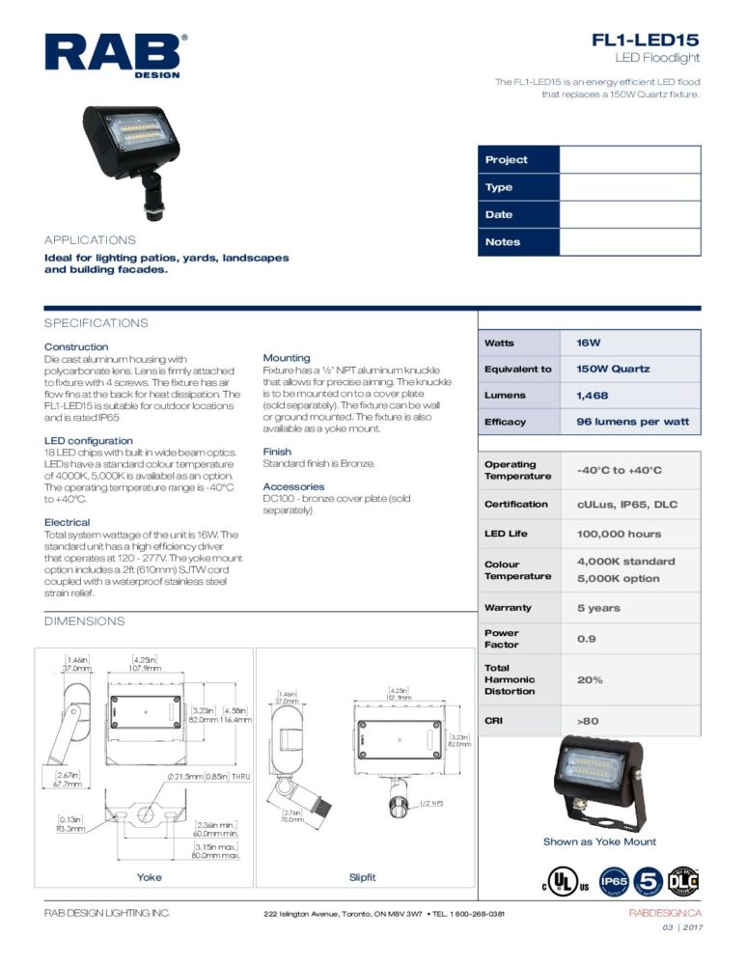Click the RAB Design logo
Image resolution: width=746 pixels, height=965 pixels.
click(x=113, y=55)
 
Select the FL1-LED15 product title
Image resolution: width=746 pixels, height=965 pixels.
click(x=646, y=41)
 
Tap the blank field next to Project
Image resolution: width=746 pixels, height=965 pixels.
click(x=629, y=160)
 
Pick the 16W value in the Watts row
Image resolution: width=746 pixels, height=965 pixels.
click(x=589, y=344)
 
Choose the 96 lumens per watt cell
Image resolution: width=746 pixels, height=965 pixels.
click(x=632, y=422)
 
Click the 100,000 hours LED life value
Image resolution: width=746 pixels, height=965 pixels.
click(x=619, y=534)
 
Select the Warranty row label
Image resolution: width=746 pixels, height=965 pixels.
click(x=508, y=608)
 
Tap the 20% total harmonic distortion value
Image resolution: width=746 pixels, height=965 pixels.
click(x=590, y=679)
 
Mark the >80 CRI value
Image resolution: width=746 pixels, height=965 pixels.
click(x=589, y=721)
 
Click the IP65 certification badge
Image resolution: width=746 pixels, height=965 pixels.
click(x=615, y=882)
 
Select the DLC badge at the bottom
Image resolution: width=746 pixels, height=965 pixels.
click(x=683, y=881)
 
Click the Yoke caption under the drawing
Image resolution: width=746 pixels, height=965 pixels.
click(x=150, y=877)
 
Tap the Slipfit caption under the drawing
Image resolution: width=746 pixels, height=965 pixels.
click(x=362, y=877)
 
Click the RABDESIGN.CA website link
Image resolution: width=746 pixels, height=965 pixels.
click(x=665, y=913)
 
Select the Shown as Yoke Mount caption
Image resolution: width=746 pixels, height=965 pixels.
click(x=599, y=841)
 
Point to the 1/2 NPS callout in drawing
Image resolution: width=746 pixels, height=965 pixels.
click(x=430, y=803)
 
